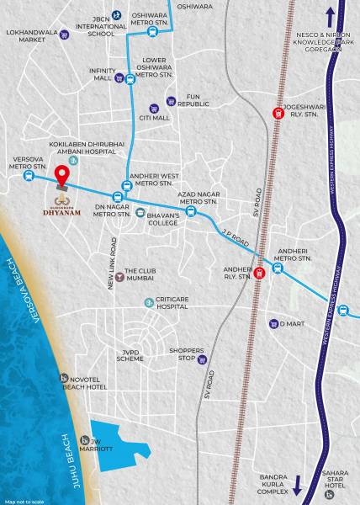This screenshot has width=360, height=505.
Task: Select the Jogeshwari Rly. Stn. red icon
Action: click(x=277, y=114)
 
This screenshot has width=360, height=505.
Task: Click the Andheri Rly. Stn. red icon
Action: click(x=259, y=271)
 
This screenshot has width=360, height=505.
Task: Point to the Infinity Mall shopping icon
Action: click(x=120, y=79)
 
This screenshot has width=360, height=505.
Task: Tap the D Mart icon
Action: click(x=273, y=323)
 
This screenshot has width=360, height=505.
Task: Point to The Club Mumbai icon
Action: click(x=119, y=272)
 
